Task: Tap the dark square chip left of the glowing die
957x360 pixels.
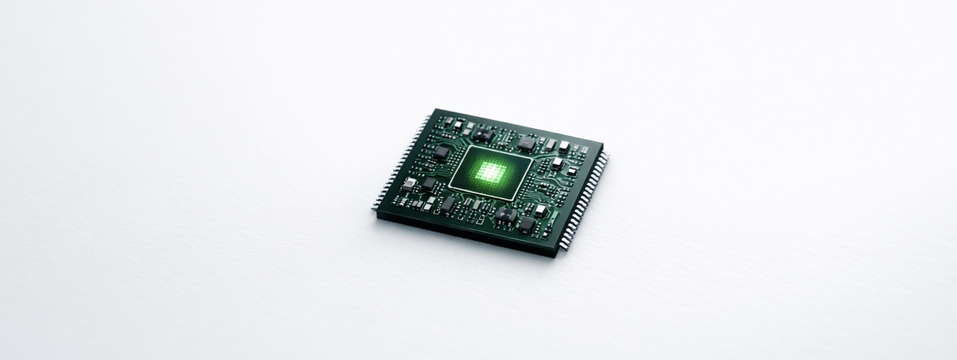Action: [441, 153]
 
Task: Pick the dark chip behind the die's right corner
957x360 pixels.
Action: [526, 144]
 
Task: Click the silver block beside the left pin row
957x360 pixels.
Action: [409, 184]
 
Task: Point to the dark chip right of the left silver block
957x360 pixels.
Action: [429, 183]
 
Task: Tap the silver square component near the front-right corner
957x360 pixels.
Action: [540, 211]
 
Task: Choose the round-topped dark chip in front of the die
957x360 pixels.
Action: [505, 213]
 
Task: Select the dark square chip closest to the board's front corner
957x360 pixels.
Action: [527, 224]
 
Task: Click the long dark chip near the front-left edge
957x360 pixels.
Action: [448, 204]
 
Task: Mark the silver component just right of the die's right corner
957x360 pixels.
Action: [557, 163]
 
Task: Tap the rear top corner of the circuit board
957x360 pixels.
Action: [434, 110]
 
